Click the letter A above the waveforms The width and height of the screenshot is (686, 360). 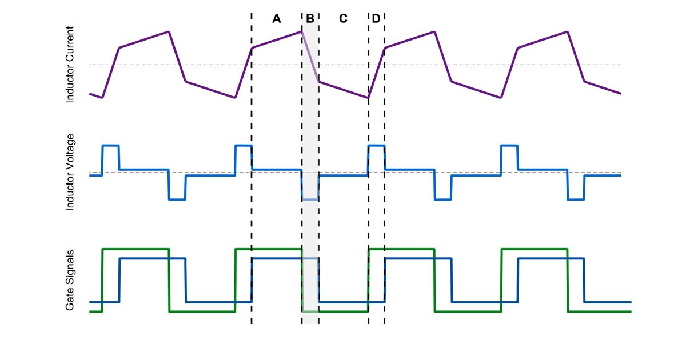click(x=277, y=19)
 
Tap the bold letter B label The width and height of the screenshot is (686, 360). click(x=310, y=19)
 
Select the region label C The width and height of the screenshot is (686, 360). click(x=343, y=19)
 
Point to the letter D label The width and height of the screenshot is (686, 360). click(x=376, y=19)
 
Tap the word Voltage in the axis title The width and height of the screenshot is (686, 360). click(x=70, y=154)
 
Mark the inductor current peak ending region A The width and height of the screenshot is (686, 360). click(x=301, y=31)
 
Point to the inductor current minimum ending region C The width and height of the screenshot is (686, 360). click(x=368, y=98)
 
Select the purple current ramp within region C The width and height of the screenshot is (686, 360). click(x=343, y=89)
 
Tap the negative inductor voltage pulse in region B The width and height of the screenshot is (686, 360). click(x=310, y=199)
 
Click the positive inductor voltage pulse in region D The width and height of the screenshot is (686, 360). click(x=376, y=146)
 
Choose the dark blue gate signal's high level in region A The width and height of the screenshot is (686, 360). click(x=277, y=259)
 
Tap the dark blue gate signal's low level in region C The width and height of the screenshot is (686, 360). click(x=343, y=302)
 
